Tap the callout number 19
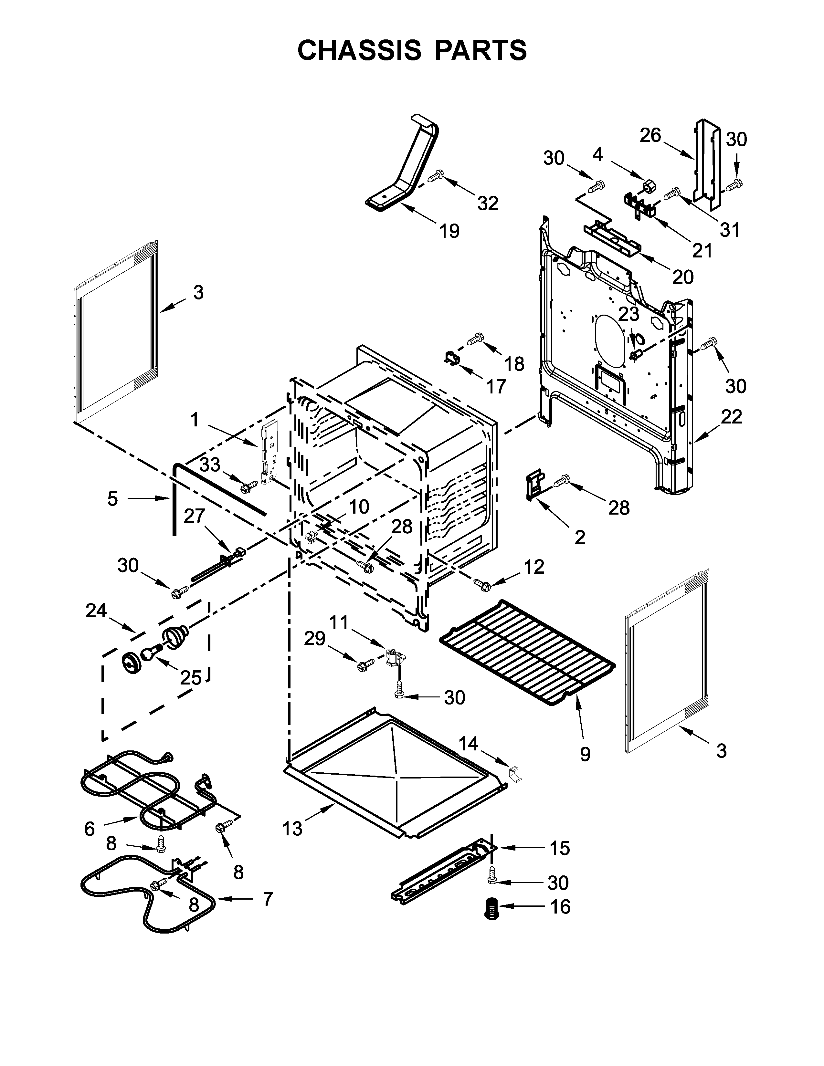[449, 231]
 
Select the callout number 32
[488, 203]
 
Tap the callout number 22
[731, 416]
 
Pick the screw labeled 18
[475, 338]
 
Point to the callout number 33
[210, 464]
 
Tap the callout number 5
[113, 498]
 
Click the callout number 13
[293, 828]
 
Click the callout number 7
[268, 899]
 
